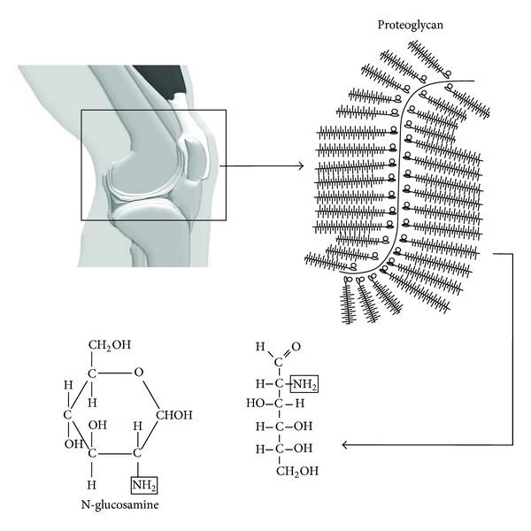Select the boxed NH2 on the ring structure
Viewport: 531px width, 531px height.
coord(143,485)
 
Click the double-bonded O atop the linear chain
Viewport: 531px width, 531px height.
coord(295,347)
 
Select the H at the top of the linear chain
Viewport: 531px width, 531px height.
coord(259,347)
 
